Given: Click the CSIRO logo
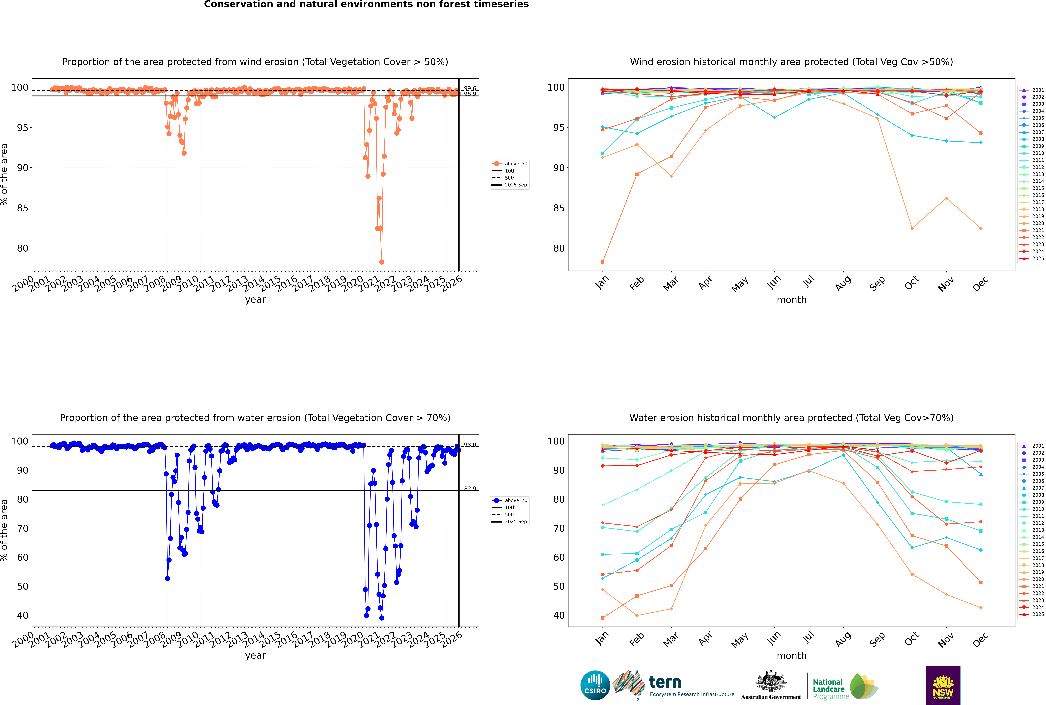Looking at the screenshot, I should tap(595, 685).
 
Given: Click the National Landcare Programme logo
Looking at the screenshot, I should tap(845, 687).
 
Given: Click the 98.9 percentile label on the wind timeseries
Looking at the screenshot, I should tap(470, 94).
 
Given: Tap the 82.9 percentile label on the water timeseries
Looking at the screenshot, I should tap(470, 489).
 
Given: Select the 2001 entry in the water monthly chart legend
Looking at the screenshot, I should tap(1038, 446).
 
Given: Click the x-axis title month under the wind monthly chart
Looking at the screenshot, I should tap(791, 300).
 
